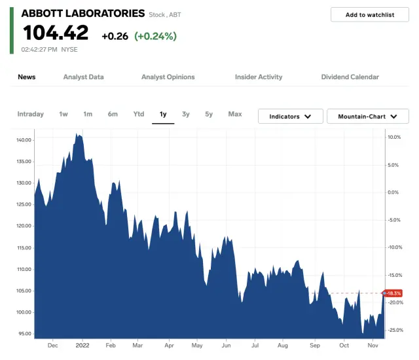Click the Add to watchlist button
coord(369,14)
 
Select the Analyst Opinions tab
coord(168,77)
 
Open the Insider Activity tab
coord(259,77)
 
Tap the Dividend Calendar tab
coord(350,77)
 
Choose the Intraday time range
coord(30,115)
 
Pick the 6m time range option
coord(113,115)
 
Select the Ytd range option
coord(138,115)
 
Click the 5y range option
coord(209,115)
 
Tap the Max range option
coord(234,115)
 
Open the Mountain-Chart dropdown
coord(367,117)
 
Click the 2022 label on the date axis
coord(82,345)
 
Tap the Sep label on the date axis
coord(315,345)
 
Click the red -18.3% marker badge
coord(392,293)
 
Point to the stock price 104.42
coord(55,33)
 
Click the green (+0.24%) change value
coord(155,37)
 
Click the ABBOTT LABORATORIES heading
coord(82,13)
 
